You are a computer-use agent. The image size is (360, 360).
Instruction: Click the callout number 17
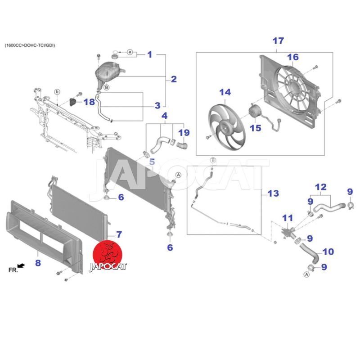pos(278,41)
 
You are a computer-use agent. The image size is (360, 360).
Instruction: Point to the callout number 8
pos(38,262)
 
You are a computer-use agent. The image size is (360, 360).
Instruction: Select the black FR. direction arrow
pos(21,266)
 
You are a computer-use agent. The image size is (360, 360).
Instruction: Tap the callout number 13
pos(273,194)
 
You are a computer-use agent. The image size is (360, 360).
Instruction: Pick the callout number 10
pos(328,252)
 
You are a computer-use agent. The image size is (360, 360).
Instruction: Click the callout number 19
pos(184,133)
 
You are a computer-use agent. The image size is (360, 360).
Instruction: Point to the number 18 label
pos(90,102)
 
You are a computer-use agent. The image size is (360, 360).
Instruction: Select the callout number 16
pos(293,57)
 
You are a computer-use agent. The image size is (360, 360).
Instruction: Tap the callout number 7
pos(119,234)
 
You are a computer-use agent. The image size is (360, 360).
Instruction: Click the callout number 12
pos(320,186)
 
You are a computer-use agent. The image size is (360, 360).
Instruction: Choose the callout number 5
pos(152,162)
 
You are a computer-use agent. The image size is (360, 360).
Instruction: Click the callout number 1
pos(150,54)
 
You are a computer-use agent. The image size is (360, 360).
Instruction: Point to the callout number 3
pos(157,106)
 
